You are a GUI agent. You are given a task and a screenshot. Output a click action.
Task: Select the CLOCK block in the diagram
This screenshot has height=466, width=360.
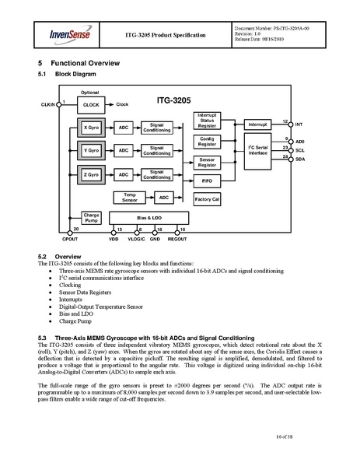click(91, 103)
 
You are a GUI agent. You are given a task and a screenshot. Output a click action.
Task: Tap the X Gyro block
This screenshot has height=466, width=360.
click(91, 126)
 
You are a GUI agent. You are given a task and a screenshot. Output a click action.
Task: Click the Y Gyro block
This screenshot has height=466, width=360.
click(91, 149)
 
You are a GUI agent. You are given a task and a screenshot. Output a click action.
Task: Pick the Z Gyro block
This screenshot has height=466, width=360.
click(91, 174)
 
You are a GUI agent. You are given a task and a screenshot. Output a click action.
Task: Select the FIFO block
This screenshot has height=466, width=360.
click(206, 180)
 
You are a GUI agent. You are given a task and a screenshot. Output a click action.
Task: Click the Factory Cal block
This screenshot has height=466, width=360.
click(206, 199)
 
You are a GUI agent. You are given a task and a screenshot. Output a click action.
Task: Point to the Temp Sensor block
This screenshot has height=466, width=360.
click(129, 198)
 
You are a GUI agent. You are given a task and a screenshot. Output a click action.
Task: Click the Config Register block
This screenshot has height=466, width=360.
click(206, 141)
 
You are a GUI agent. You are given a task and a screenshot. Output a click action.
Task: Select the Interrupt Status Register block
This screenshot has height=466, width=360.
click(206, 120)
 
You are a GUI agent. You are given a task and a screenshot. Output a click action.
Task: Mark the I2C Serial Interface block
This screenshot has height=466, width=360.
click(257, 150)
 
